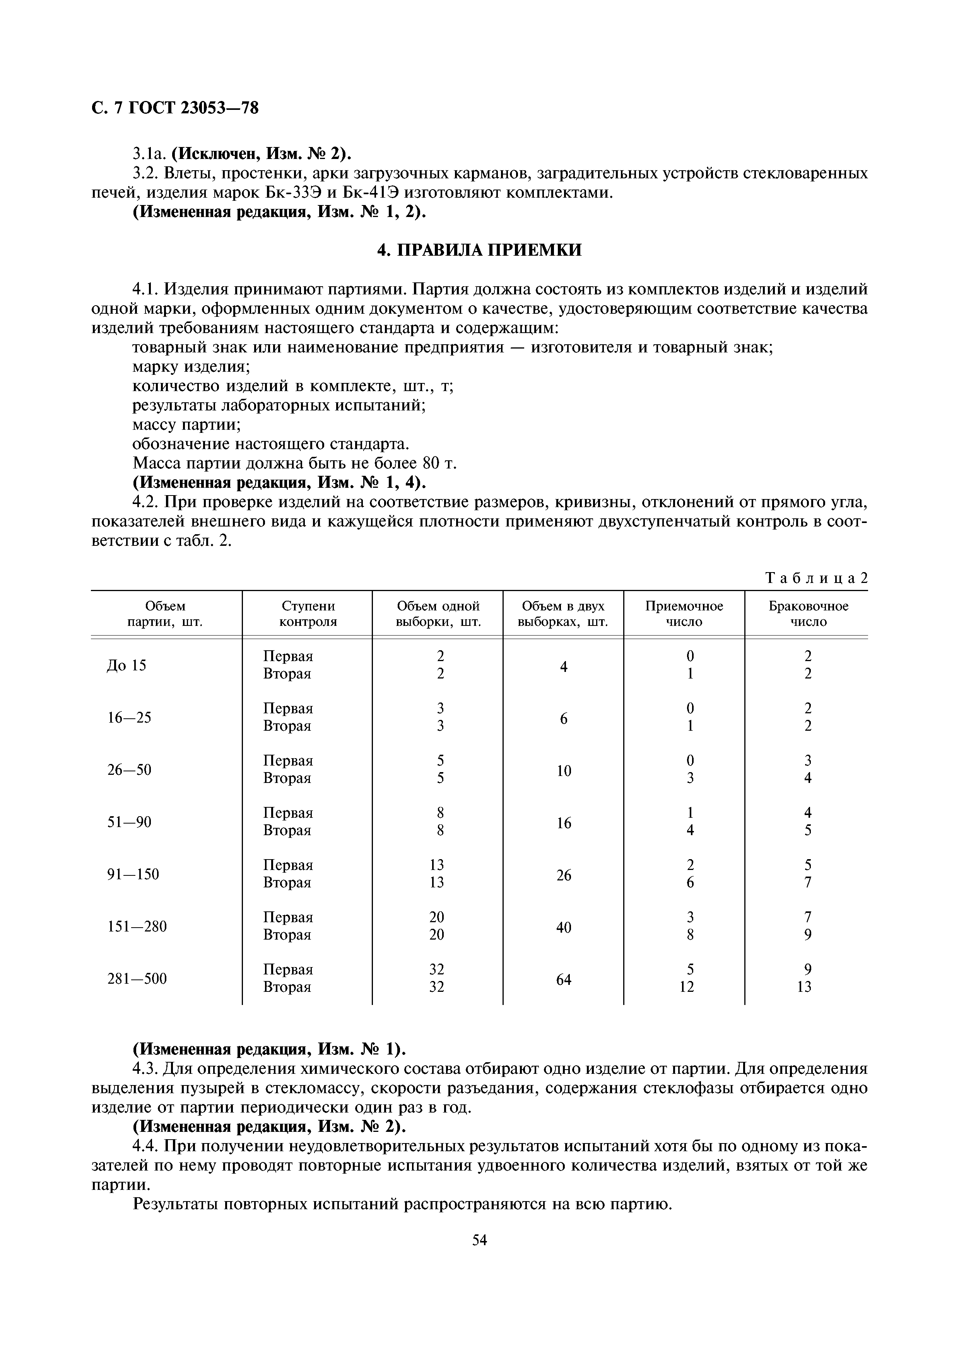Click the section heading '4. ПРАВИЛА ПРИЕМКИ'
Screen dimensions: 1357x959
(x=479, y=250)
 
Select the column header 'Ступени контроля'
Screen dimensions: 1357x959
(x=308, y=614)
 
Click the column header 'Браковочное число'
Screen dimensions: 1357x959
(x=808, y=614)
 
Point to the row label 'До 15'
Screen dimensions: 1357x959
(x=126, y=665)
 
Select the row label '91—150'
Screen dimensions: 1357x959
(x=133, y=874)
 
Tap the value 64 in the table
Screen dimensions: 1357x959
(x=564, y=979)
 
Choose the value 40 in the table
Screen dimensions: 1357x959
(x=564, y=927)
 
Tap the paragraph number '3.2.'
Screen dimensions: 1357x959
(x=146, y=173)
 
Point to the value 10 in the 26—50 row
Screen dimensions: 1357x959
(x=564, y=771)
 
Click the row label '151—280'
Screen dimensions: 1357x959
(x=137, y=926)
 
